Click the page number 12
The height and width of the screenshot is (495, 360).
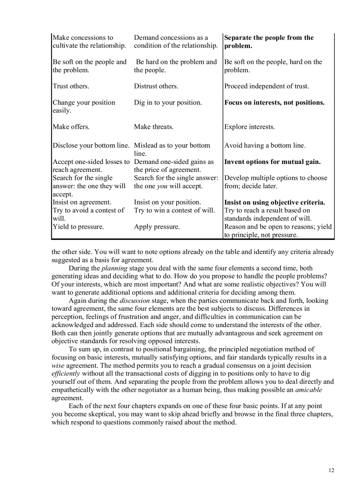coord(331,470)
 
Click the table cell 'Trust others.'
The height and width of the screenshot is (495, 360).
coord(71,86)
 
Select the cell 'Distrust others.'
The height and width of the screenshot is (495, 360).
coord(156,86)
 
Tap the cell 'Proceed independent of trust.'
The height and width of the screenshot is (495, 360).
coord(266,86)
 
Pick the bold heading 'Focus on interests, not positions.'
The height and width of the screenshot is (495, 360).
coord(274,103)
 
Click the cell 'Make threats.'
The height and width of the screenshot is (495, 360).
coord(154,127)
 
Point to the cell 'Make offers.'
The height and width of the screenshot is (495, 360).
coord(71,127)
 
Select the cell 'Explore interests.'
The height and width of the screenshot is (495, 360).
coord(249,127)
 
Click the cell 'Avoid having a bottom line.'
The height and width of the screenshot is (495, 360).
coord(265,145)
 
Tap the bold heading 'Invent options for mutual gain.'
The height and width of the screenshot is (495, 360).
coord(272,162)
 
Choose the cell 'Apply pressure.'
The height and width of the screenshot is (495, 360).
coord(157,227)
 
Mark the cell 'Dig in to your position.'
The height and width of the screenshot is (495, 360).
coord(168,103)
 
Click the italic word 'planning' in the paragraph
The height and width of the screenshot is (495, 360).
coord(114,268)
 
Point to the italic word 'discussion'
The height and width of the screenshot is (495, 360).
coord(135,301)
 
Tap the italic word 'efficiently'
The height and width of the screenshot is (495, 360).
coord(66,374)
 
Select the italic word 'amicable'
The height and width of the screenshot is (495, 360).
coord(308,390)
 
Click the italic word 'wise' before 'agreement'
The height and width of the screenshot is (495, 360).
coord(58,366)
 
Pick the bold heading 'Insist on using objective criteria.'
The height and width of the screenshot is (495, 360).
coord(274,203)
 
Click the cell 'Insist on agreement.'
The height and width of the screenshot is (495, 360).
coord(82,202)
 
